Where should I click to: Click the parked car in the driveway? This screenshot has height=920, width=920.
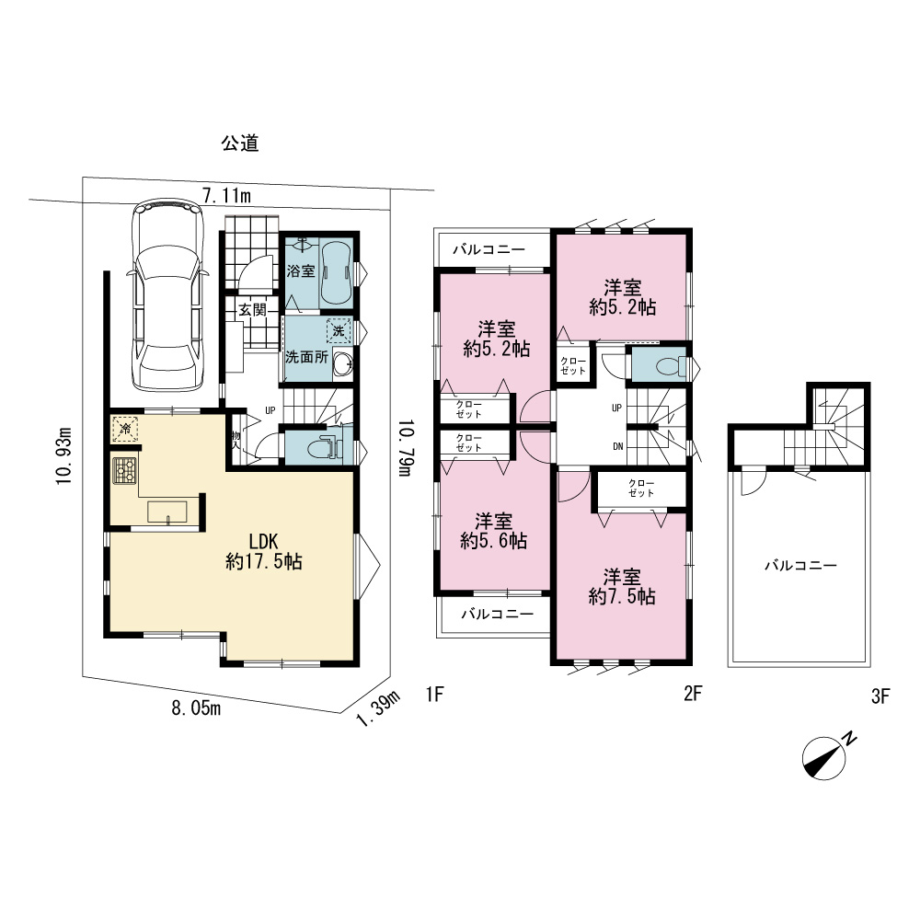coord(169,295)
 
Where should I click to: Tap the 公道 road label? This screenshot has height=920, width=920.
coord(240,144)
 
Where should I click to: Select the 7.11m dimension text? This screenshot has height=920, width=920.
coord(226,195)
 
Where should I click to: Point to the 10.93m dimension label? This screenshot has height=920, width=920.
coord(63,455)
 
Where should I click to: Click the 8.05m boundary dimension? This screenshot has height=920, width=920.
coord(196,708)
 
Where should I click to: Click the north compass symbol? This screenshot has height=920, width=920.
coord(827,755)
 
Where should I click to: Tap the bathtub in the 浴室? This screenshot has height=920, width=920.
coord(336,273)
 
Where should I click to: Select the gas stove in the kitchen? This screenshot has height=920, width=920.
coord(124,470)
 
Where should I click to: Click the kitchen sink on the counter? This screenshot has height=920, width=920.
coord(167,512)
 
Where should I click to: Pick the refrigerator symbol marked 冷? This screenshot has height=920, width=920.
coord(125,429)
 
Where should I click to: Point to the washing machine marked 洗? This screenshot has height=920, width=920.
coord(339,331)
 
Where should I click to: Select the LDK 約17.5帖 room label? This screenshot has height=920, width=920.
coord(263,551)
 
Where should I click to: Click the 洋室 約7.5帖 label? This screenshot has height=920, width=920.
coord(622,586)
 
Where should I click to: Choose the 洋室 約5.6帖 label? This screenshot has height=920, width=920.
coord(493,531)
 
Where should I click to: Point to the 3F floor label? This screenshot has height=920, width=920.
coord(880,696)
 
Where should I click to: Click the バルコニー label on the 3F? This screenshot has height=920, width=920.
coord(800,566)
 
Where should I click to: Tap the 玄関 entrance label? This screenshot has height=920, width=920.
coord(252,310)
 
